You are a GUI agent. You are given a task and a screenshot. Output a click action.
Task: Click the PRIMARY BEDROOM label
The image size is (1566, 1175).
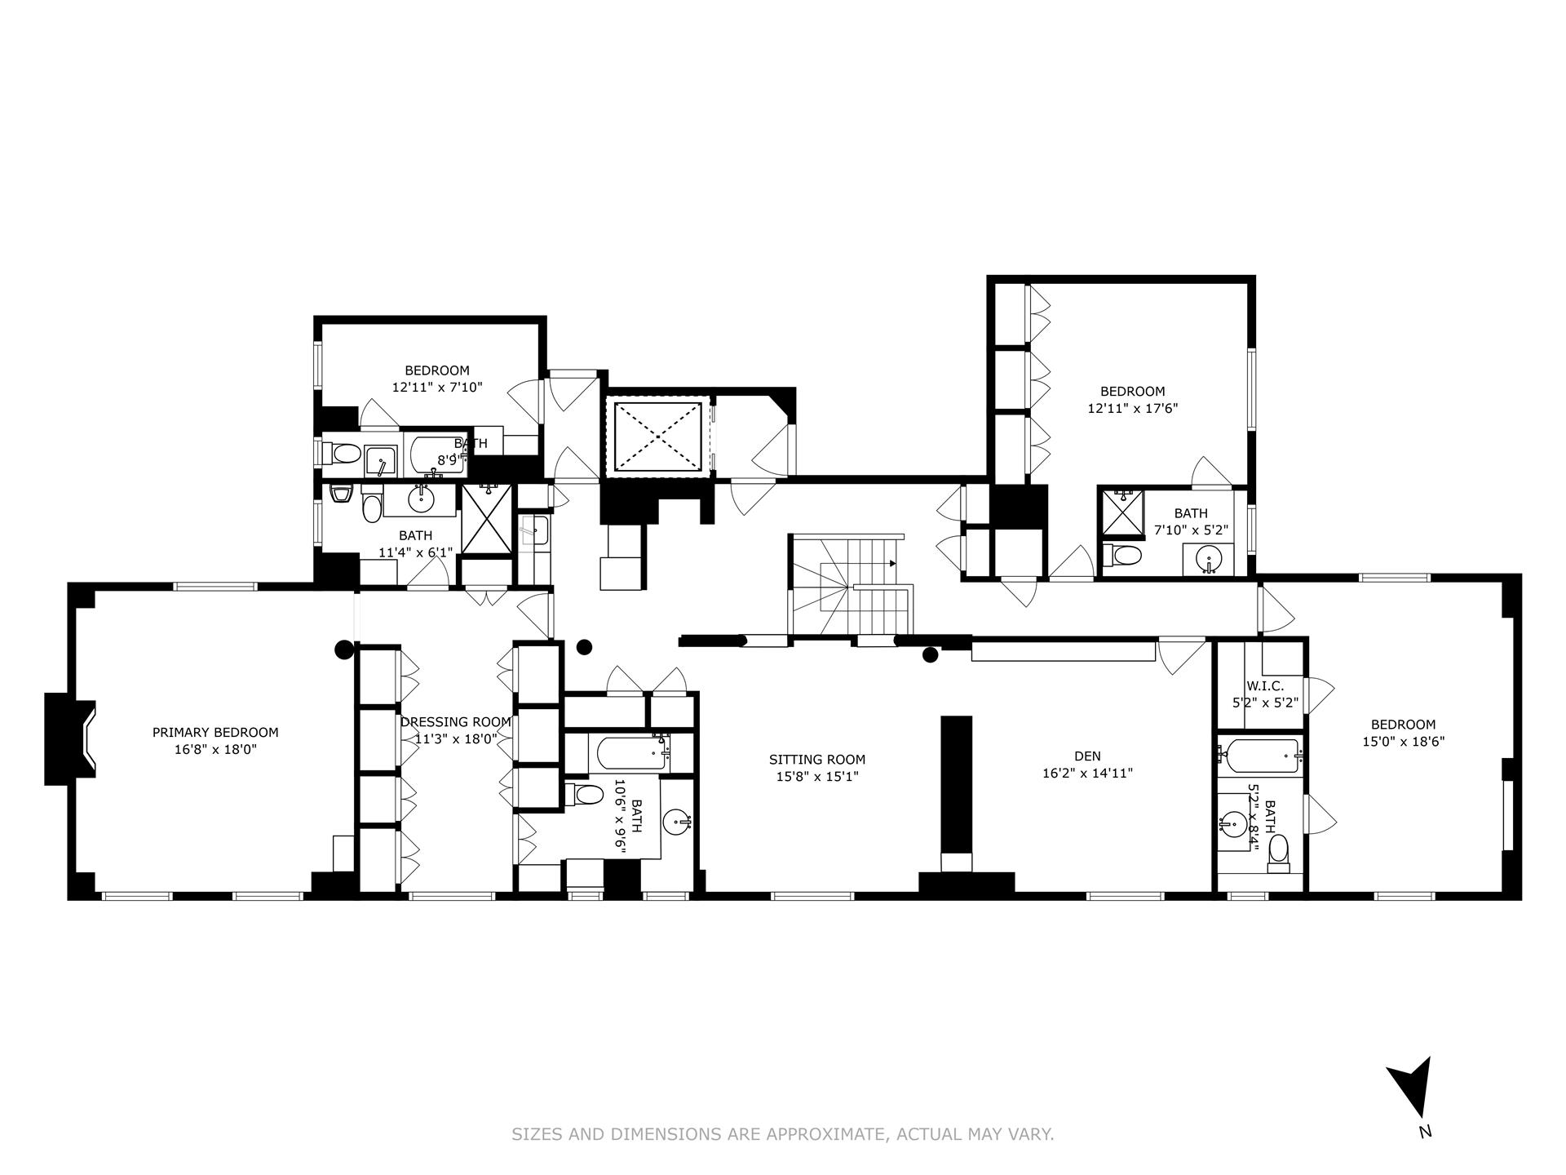pos(215,733)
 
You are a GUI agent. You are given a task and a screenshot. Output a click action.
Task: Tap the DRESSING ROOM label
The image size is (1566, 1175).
pos(455,722)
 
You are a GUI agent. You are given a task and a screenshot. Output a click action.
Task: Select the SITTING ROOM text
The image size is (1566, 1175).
pos(816,760)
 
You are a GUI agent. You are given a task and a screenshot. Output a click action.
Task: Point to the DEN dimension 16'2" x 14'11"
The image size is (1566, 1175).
pos(1087,774)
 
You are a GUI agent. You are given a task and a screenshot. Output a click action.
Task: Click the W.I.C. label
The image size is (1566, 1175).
pos(1264,687)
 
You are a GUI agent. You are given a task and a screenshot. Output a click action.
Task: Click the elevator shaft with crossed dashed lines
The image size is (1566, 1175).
pos(657,436)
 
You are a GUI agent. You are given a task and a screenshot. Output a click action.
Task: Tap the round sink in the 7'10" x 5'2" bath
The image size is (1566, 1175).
pos(1208,559)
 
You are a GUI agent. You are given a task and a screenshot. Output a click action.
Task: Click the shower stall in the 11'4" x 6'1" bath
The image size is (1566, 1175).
pos(487,519)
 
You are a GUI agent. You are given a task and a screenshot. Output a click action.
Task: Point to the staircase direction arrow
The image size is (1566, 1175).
pos(891,563)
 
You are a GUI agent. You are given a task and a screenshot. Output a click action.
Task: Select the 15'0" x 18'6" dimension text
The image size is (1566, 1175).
pos(1403,742)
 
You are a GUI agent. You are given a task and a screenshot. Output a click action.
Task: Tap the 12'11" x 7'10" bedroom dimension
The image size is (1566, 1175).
pos(437,388)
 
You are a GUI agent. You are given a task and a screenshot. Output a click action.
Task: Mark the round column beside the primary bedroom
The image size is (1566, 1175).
pos(344,650)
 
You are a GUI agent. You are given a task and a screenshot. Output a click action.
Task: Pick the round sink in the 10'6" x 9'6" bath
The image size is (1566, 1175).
pos(677,822)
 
